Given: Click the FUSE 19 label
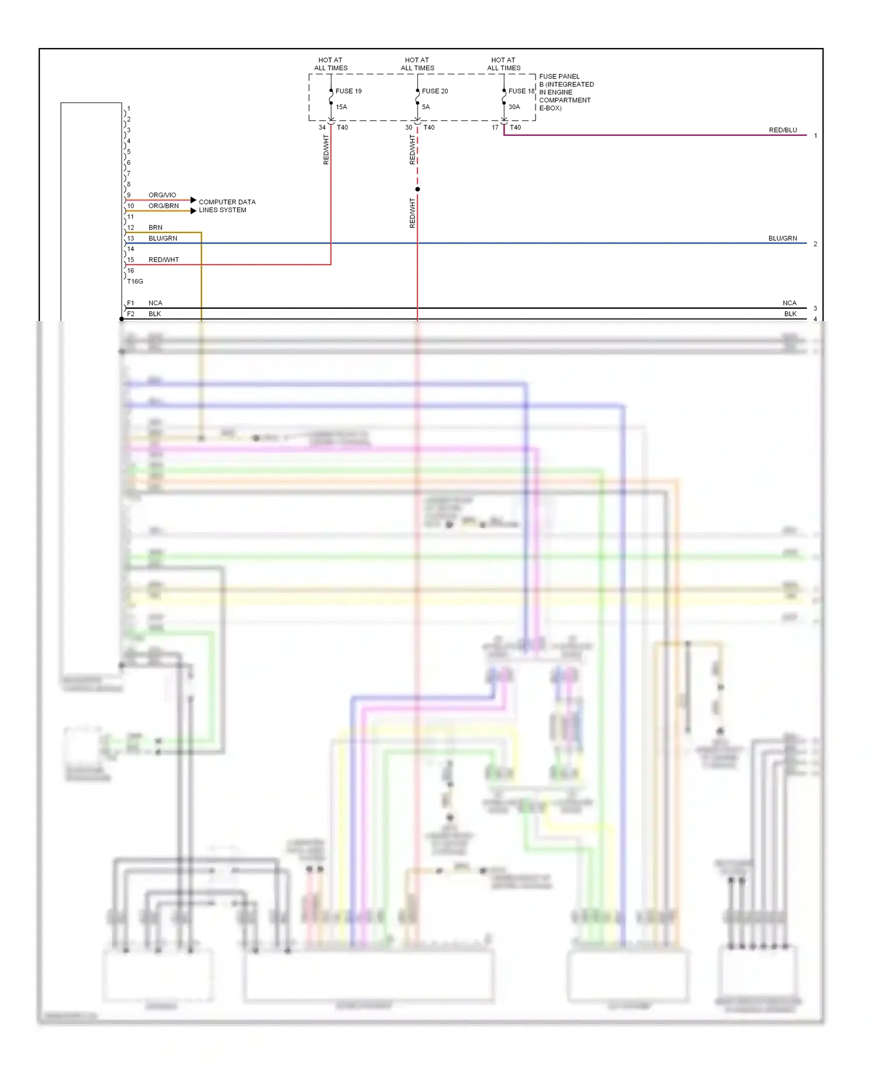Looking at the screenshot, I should tap(348, 91).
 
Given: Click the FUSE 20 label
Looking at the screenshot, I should tap(435, 91).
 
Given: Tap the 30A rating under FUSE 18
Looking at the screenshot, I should tap(514, 107).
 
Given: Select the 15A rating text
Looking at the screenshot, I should tap(341, 107).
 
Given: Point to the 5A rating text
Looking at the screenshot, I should tap(426, 107).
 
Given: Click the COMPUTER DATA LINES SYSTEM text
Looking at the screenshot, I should tap(227, 206).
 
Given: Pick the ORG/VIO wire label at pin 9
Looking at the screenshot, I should tap(162, 195).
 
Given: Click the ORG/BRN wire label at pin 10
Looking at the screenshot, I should tap(163, 206).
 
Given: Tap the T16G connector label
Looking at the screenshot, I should tap(135, 282).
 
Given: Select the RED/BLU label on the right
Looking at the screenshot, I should tap(783, 130).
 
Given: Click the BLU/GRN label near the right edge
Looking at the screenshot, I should tap(783, 238).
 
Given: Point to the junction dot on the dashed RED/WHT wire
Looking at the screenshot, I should tap(417, 189).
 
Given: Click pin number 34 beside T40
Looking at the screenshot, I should tap(322, 128).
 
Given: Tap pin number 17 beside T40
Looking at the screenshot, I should tap(495, 128).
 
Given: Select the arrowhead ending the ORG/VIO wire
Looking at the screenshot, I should tap(193, 200).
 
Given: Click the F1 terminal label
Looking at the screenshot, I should tap(131, 303).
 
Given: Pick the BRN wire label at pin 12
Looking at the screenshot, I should tap(155, 228).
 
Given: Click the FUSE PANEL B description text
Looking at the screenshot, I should tap(565, 93).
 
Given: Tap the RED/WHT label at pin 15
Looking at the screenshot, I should tap(163, 260).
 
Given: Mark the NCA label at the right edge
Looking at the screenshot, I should tap(789, 303).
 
